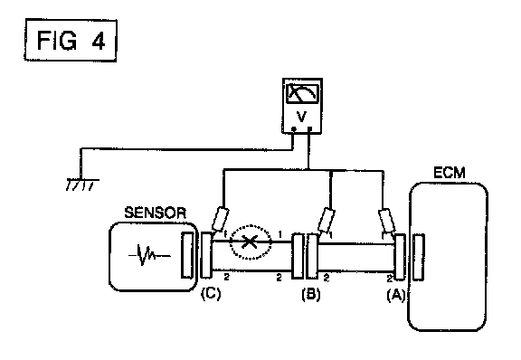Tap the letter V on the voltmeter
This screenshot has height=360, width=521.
point(301,117)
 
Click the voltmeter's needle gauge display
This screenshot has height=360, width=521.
point(302,93)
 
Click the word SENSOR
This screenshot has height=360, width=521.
point(156,213)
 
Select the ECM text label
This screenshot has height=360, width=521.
point(450,173)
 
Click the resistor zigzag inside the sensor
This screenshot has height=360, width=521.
point(149,256)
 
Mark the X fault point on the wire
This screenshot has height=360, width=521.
point(250,242)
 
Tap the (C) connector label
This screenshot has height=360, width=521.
point(211,294)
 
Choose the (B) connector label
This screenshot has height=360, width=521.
point(311,295)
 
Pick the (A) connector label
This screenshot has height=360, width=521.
point(396,295)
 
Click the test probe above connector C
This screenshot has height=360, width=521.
point(220,219)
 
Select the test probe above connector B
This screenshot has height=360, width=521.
point(327,220)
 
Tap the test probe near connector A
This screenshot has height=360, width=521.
point(387,221)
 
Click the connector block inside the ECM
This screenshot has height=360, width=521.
point(418,257)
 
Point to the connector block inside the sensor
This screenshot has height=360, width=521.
point(187,255)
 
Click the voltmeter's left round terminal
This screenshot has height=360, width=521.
point(293,129)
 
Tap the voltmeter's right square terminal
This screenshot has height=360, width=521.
point(310,128)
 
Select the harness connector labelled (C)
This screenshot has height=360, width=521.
point(206,255)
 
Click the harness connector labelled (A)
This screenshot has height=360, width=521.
point(400,257)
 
